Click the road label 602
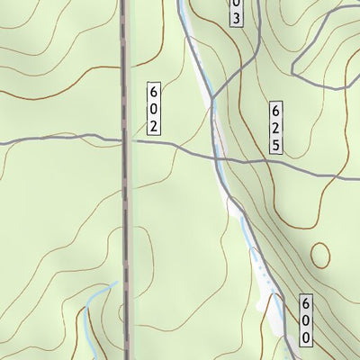[154, 108]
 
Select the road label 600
[306, 321]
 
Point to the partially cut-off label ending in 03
[236, 11]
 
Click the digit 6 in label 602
[154, 92]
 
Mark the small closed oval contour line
[320, 255]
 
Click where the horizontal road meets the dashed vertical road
[125, 140]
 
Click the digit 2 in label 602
[154, 125]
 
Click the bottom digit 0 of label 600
[306, 338]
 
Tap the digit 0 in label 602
[154, 108]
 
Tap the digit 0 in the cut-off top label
[236, 4]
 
